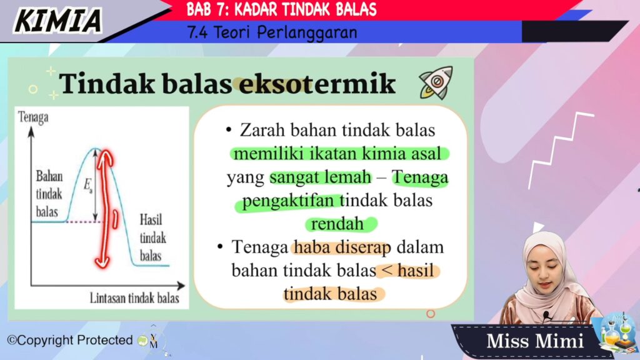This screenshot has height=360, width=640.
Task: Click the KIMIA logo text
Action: [x=57, y=21]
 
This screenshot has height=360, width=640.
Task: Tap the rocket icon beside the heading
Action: [x=436, y=83]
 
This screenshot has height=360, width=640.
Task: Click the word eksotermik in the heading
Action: [x=317, y=84]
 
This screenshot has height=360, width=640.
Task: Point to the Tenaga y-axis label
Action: [x=33, y=117]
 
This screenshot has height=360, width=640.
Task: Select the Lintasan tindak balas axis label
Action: [x=134, y=298]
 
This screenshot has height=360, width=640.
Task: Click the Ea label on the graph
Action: [x=88, y=185]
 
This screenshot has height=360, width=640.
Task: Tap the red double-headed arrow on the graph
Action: [x=104, y=209]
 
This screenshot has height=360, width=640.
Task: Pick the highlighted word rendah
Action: [x=337, y=224]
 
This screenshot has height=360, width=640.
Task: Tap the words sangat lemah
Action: [x=321, y=177]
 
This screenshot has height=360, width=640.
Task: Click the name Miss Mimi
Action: [x=535, y=341]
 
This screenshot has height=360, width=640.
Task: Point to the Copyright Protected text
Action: [x=70, y=340]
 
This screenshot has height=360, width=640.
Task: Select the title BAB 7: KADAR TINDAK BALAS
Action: [x=282, y=9]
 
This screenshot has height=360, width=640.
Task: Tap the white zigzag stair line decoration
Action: [x=559, y=149]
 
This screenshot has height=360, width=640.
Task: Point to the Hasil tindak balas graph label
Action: [x=152, y=237]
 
